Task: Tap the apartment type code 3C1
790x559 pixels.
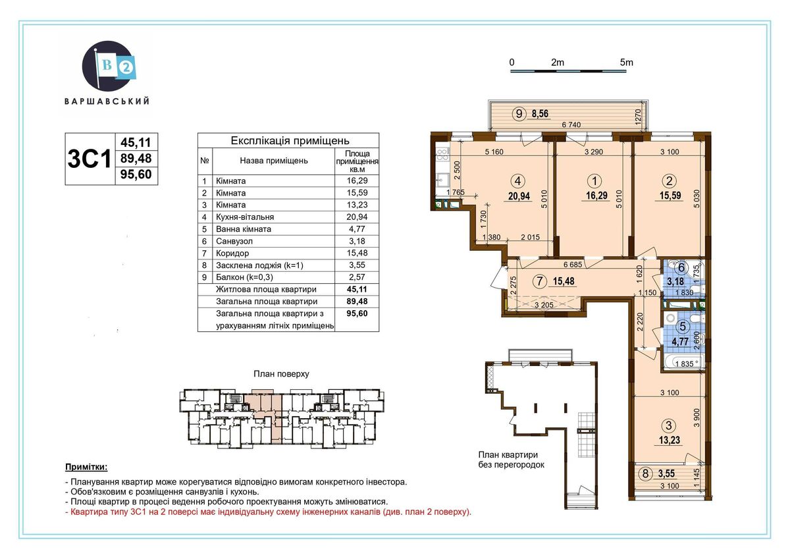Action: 90,159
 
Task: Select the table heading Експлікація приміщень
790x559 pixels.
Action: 290,141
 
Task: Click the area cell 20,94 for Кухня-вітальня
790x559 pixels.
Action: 357,217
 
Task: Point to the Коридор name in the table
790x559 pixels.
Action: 232,253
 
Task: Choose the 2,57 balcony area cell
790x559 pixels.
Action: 357,277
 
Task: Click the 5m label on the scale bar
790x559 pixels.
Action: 626,63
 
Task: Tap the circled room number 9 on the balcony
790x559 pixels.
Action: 519,113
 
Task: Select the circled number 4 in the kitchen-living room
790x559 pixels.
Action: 517,181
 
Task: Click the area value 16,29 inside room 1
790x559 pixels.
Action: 596,196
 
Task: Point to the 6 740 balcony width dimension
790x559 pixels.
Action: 571,124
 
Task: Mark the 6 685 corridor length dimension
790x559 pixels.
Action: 573,264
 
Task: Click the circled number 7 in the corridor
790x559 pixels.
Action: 540,281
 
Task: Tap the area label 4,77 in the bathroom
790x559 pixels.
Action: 680,342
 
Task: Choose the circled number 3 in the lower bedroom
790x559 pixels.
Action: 669,426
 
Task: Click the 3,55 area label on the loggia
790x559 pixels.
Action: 666,473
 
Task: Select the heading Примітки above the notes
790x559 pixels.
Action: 86,467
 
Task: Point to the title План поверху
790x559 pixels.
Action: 281,374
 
